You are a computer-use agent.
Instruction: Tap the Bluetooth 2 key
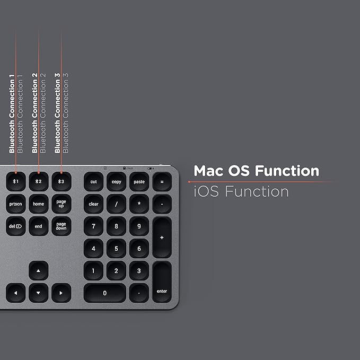tap(38, 181)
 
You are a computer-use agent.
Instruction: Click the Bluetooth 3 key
tap(61, 181)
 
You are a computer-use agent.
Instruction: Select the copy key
tap(116, 181)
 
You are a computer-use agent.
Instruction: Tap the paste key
tap(139, 181)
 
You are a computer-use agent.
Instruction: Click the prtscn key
tap(16, 204)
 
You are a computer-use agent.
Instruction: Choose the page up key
tap(61, 204)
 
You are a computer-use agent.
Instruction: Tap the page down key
tap(61, 226)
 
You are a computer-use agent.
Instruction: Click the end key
tap(38, 226)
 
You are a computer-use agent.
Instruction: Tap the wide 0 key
tap(104, 293)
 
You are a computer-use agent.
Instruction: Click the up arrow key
tap(38, 270)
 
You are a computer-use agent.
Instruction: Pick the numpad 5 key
tap(116, 248)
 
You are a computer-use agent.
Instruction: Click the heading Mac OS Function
tap(256, 171)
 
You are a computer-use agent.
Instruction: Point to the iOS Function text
tap(241, 191)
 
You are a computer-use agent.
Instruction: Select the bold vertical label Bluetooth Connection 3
tap(57, 112)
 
